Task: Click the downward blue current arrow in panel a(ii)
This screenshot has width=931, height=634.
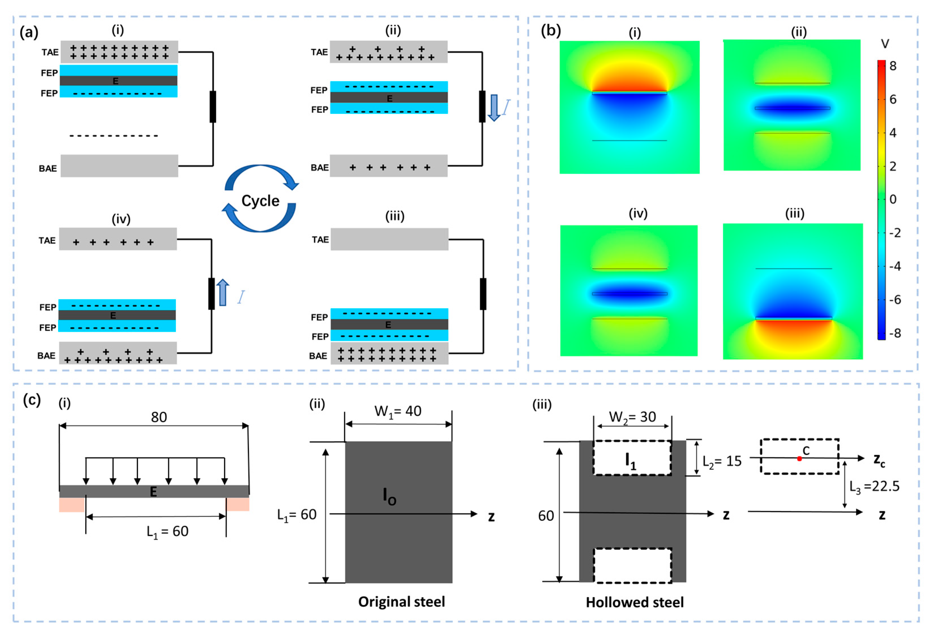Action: point(494,107)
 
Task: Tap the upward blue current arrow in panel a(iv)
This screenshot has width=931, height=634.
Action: point(223,293)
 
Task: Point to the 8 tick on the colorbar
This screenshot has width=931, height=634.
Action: point(892,66)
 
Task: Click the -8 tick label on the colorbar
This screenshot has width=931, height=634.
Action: point(894,333)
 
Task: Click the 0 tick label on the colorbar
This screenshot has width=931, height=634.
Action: point(892,199)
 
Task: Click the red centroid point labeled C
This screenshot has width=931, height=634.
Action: point(799,458)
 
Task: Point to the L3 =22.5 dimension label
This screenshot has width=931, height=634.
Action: point(874,486)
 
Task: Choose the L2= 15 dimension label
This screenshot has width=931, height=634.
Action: point(722,461)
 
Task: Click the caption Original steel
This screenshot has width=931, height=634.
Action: point(402,601)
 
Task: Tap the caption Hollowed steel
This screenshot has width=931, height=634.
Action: point(635,602)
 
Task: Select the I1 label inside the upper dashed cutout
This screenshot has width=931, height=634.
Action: point(631,461)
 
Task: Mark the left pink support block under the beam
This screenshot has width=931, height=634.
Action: point(72,505)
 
